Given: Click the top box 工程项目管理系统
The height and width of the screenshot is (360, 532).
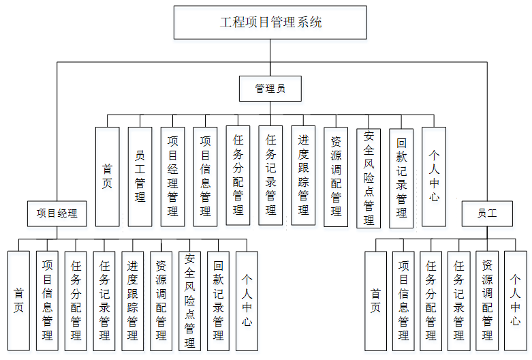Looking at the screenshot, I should [271, 22].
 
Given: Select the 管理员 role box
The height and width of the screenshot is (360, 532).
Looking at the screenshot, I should [270, 89].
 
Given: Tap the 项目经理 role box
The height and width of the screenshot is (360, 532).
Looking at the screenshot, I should [57, 213].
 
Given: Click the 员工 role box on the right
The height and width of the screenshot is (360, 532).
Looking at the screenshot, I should [487, 213].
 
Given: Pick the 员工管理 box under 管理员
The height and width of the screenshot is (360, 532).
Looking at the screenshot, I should [140, 177].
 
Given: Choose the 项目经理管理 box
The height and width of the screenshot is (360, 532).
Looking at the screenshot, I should [172, 177].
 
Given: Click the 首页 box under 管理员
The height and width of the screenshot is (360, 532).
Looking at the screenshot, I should [107, 177].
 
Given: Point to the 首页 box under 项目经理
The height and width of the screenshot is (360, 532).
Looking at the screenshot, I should [19, 301].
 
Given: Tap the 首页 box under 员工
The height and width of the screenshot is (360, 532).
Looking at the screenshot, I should [375, 301].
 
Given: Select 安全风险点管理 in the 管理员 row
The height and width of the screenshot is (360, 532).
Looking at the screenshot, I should [369, 177].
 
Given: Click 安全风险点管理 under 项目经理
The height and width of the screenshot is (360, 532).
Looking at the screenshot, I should [190, 301].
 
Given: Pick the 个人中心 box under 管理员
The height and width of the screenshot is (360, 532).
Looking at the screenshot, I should [434, 177].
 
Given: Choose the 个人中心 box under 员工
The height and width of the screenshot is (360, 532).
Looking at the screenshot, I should [516, 301].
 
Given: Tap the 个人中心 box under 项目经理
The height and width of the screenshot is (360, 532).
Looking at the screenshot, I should [247, 301].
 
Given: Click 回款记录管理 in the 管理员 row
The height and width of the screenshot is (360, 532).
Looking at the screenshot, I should [401, 177].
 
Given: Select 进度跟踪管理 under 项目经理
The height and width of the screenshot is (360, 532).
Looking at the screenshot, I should [133, 301].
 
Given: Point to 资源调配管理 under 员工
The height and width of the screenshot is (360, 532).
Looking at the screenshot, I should [488, 301].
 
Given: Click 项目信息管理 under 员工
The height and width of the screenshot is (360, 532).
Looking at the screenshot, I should [403, 301].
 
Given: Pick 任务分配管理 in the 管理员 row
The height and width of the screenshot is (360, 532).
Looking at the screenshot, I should [238, 177].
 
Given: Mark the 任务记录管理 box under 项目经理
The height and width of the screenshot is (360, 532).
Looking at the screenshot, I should [104, 301].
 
